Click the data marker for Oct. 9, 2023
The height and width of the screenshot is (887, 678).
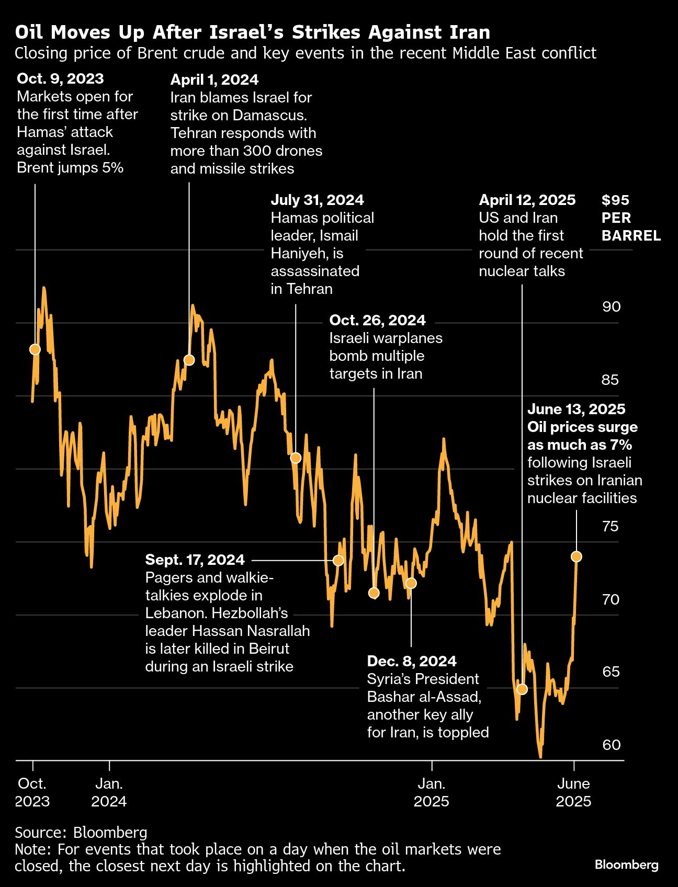(35, 349)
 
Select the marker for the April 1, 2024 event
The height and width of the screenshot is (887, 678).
(189, 360)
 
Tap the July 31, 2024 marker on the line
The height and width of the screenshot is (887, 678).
(296, 458)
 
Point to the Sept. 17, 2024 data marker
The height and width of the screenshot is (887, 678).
(338, 560)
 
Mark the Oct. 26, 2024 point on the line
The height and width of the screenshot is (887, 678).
(374, 593)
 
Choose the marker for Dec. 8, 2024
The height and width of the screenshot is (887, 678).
(411, 583)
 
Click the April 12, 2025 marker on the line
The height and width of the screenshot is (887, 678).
(522, 689)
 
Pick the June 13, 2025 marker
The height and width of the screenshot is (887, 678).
(577, 556)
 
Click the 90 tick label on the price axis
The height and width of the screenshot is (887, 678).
(611, 306)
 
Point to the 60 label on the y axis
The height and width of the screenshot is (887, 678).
(611, 744)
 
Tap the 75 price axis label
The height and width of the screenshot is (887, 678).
(611, 526)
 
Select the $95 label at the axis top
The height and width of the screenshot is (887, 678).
(615, 200)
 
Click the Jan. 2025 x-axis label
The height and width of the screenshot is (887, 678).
(432, 792)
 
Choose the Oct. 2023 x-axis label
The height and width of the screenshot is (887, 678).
(32, 792)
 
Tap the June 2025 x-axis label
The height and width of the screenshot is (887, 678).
(573, 792)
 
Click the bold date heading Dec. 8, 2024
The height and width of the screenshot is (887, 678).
(412, 661)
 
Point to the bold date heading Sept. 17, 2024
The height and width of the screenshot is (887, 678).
(195, 560)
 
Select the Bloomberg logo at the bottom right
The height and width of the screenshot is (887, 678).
(626, 865)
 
